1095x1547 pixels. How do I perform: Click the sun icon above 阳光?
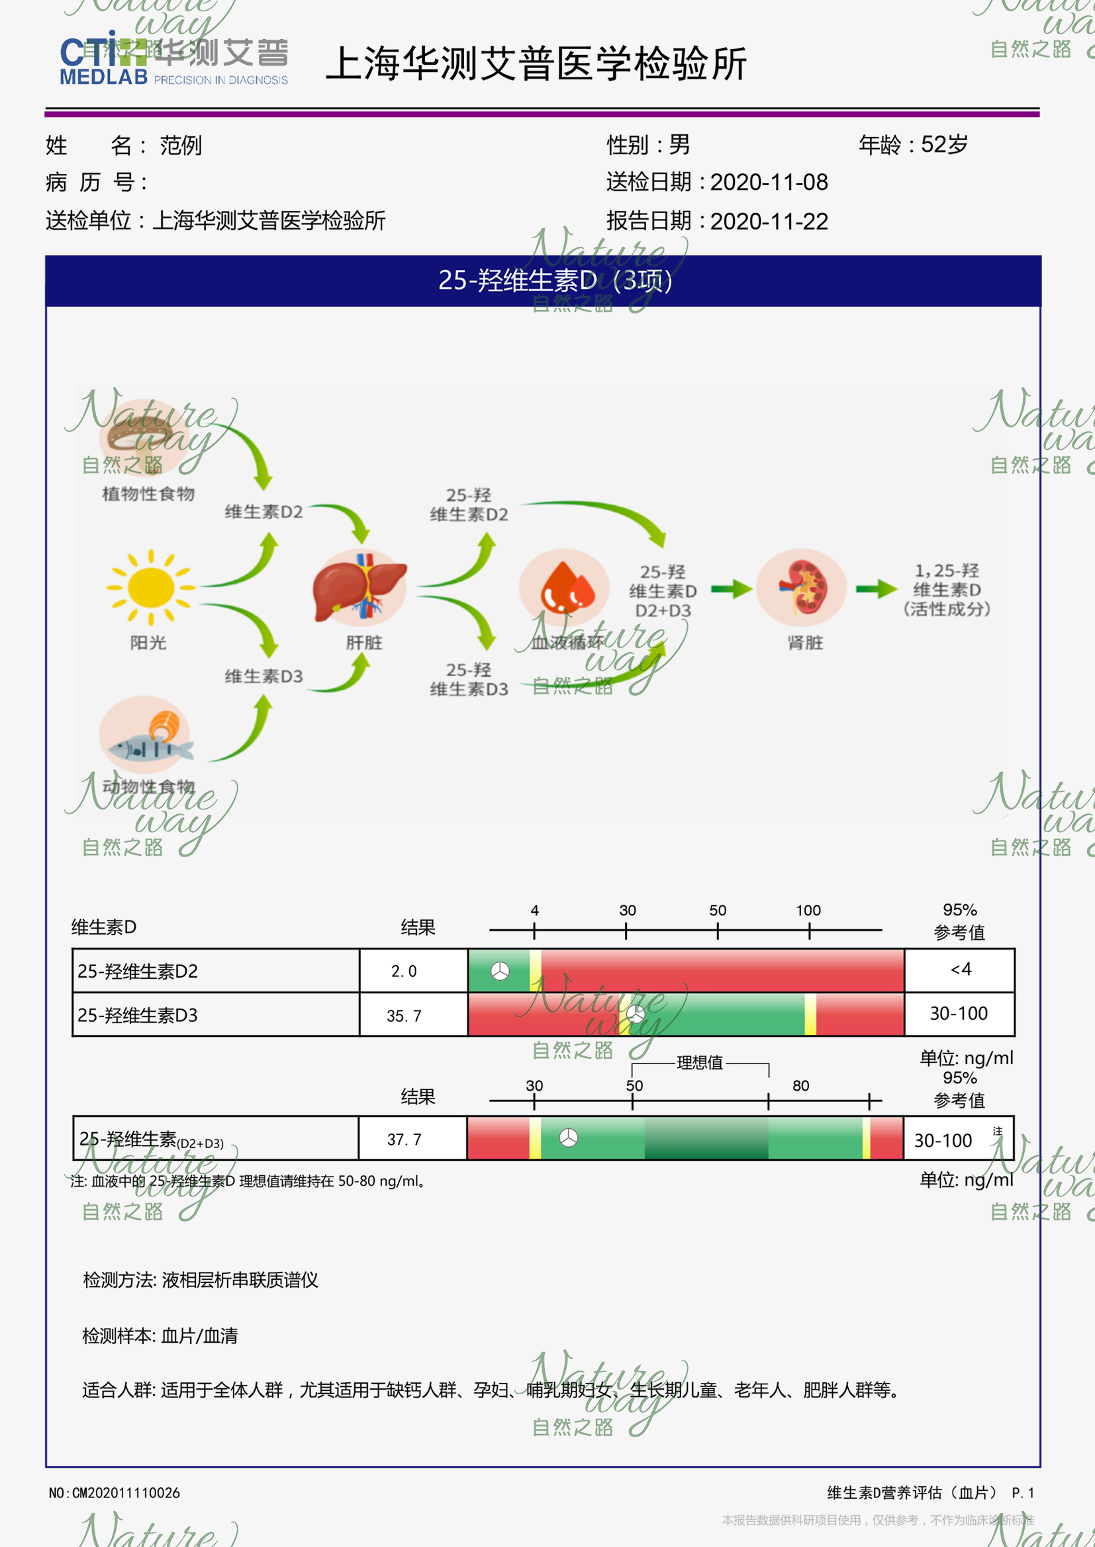150,587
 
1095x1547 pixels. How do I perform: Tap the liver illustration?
360,588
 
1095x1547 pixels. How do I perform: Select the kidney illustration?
801,587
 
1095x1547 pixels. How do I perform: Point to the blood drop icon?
564,587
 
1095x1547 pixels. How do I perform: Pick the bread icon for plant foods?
144,435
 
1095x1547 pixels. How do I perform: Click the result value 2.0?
404,971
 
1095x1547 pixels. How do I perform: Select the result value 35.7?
404,1015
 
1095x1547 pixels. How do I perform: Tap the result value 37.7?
404,1140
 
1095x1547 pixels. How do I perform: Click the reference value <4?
960,970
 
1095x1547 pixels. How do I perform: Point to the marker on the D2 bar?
500,971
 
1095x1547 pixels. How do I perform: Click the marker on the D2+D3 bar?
569,1138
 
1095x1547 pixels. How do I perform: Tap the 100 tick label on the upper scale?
808,910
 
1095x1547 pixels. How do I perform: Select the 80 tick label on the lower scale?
800,1085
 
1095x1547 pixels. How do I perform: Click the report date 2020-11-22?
769,221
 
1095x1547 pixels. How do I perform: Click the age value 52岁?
944,144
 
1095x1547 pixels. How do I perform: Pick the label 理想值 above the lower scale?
699,1063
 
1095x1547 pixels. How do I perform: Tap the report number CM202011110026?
125,1492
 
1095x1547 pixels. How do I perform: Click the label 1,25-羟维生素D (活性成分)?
947,589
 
